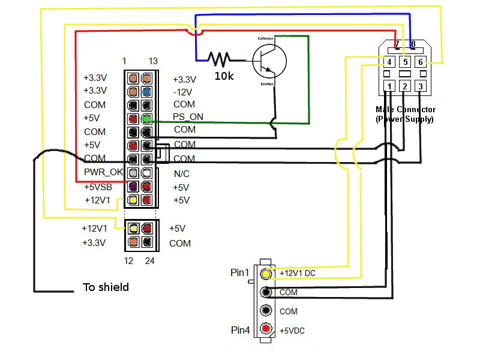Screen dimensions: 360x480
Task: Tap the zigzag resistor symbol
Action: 220,59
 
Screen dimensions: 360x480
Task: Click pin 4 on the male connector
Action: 389,62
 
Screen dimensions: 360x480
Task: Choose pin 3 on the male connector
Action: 421,86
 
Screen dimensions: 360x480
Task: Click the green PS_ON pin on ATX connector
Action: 146,119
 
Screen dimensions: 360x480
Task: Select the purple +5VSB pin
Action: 133,186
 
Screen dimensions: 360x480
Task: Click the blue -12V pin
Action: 146,92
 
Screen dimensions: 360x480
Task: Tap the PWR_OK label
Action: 103,173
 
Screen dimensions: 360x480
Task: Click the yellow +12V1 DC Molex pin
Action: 266,274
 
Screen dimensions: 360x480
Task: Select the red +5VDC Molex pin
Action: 266,330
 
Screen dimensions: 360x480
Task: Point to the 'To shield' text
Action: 105,287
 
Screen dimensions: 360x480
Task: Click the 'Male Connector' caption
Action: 406,109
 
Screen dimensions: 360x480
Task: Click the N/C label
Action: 182,173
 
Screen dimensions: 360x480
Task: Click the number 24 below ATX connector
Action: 149,261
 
